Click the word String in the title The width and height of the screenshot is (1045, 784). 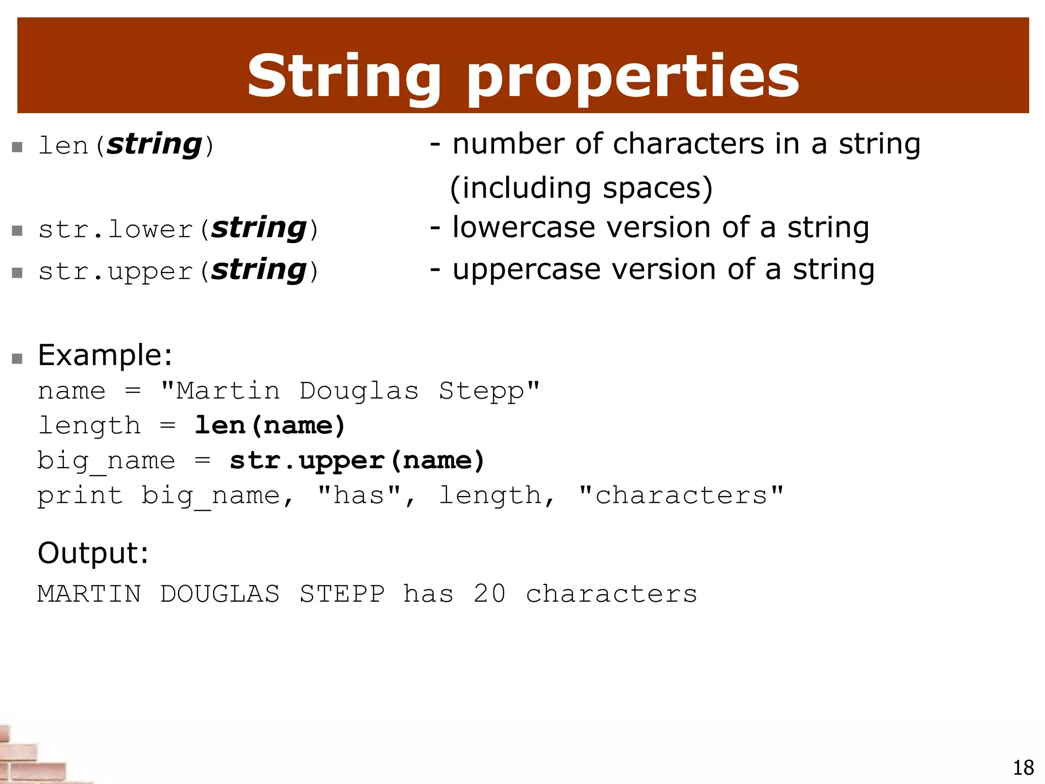343,77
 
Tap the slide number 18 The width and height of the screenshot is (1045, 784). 1023,768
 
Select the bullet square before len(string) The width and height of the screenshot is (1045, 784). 17,148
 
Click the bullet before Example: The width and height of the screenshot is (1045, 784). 17,358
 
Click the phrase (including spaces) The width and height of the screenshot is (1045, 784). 581,188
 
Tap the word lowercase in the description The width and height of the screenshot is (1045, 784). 524,227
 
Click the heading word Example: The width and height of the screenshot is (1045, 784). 105,355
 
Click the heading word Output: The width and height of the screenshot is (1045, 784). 93,553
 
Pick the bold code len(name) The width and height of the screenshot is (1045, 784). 270,426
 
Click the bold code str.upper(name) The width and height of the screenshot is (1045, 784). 357,460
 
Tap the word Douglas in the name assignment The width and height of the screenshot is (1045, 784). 359,391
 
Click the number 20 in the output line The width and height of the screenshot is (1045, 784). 489,594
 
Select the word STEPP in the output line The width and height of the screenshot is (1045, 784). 341,594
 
